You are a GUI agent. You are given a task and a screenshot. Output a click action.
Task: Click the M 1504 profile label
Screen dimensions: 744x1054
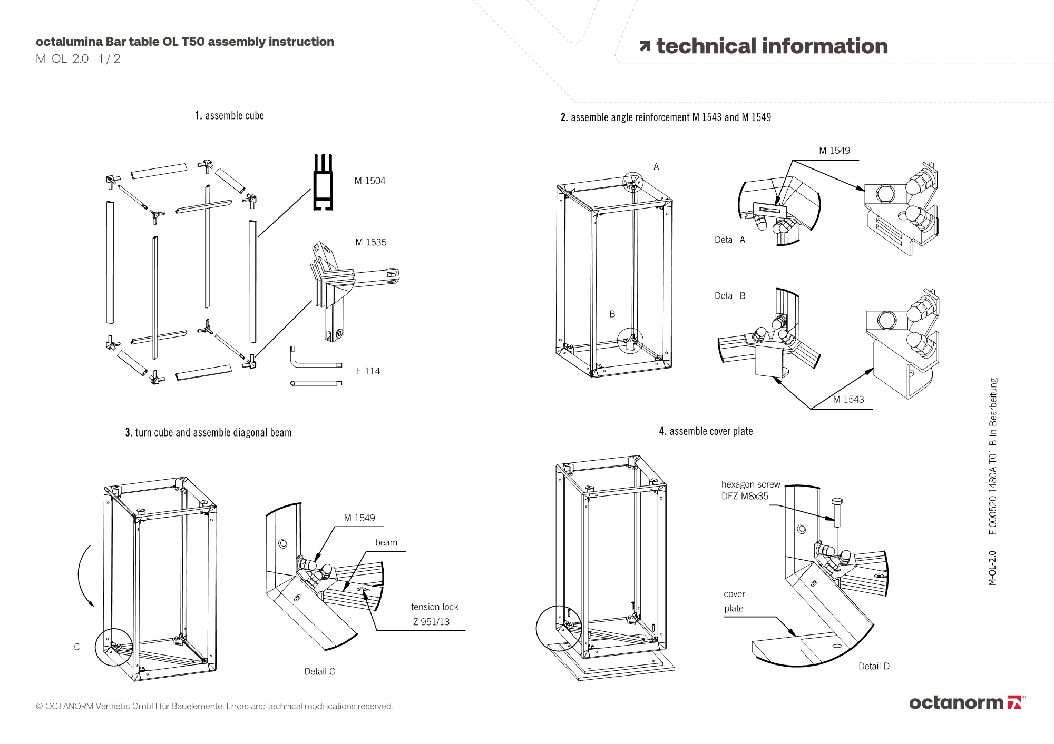coord(370,181)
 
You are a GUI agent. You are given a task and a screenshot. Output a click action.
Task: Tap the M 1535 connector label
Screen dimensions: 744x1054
coord(370,242)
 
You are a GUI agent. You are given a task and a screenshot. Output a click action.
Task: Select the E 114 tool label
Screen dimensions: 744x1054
coord(368,371)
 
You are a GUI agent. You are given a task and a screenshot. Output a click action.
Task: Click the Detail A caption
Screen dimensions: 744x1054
coord(729,240)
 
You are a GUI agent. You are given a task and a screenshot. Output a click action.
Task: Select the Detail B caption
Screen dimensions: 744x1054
coord(729,295)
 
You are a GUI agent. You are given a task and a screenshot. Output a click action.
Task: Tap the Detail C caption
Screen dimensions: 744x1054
coord(319,671)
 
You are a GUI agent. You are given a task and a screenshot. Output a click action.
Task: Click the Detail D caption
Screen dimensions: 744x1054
coord(874,666)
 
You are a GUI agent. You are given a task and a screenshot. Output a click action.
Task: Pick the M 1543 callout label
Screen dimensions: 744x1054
coord(848,399)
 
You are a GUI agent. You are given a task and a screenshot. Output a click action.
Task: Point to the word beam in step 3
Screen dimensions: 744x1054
coord(386,542)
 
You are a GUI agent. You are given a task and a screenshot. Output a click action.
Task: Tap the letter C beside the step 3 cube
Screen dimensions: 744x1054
coord(77,647)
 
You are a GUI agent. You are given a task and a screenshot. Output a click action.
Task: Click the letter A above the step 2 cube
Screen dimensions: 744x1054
coord(656,167)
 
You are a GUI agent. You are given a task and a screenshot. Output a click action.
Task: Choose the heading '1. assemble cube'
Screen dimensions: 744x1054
coord(229,116)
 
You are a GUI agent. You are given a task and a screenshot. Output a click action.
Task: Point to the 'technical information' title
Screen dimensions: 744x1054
coord(764,46)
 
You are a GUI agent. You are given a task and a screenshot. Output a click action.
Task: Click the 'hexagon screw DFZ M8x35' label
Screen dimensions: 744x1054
coord(750,490)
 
